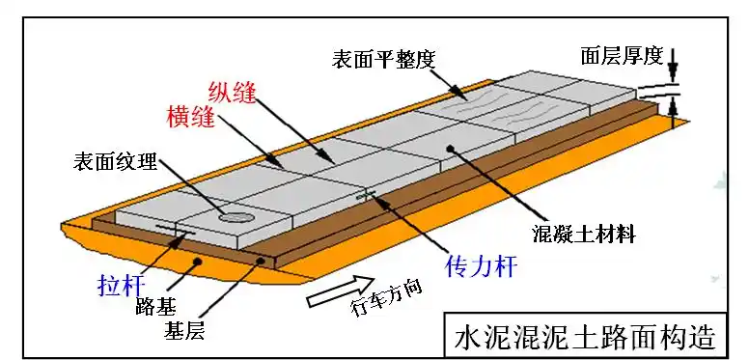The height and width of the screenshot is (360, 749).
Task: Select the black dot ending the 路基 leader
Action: coord(198,261)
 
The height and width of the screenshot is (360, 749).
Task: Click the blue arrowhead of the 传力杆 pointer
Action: coord(385,203)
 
